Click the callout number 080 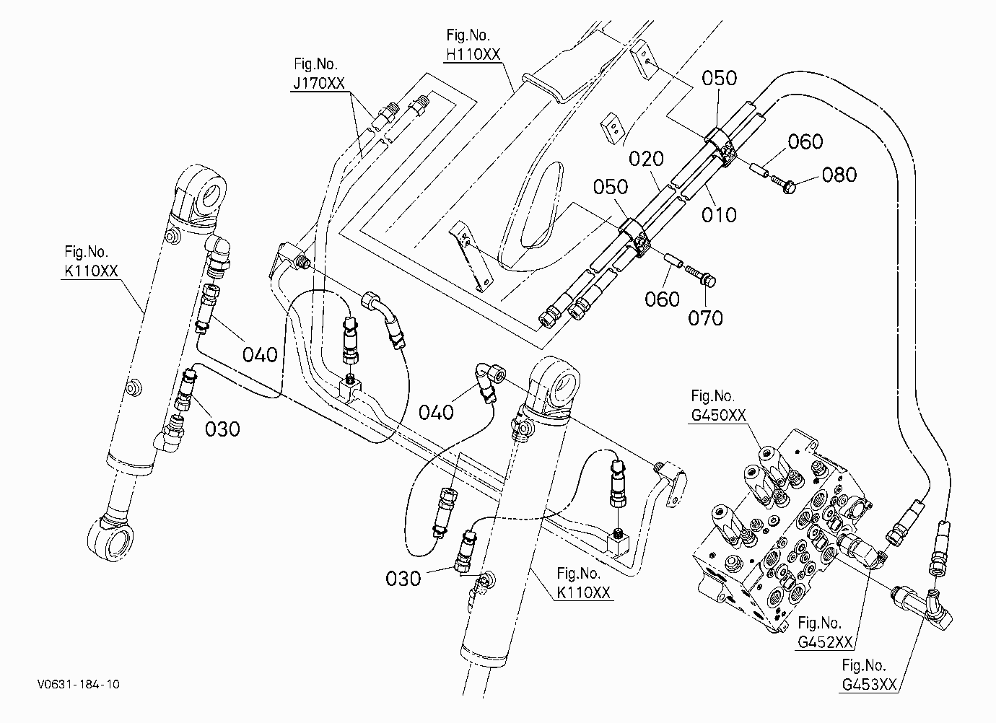pos(839,175)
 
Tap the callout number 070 pos(705,318)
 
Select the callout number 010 pos(719,215)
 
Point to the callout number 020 pos(646,159)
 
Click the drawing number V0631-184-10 pos(79,684)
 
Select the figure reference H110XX pos(473,54)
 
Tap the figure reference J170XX pos(319,83)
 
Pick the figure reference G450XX pos(718,415)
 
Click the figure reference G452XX pos(825,642)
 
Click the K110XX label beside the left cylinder pos(91,271)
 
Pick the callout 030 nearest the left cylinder pos(222,429)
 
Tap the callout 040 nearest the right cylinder pos(436,413)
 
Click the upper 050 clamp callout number pos(719,78)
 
